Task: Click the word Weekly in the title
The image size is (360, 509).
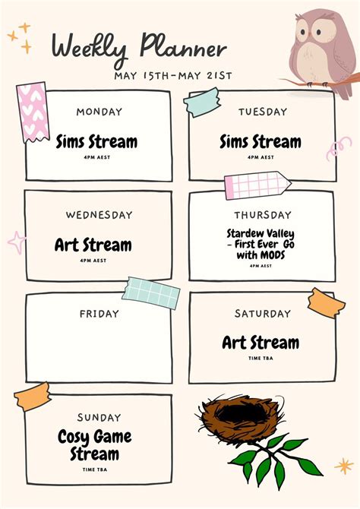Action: tap(90, 49)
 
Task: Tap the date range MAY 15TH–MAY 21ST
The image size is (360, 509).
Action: tap(173, 76)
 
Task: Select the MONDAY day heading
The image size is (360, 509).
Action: tap(99, 112)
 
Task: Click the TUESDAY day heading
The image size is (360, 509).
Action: tap(263, 112)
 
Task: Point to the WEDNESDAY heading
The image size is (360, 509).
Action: tap(99, 215)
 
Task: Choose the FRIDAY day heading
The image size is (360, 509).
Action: tap(99, 314)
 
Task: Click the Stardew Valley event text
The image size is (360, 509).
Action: tap(261, 244)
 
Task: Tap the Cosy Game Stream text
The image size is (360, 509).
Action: tap(95, 445)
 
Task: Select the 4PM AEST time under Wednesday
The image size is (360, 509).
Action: tap(93, 261)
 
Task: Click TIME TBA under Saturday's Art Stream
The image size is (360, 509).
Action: tap(261, 359)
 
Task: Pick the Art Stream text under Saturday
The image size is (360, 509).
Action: tap(261, 343)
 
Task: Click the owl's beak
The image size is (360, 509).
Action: tap(309, 34)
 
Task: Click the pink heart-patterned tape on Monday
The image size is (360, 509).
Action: tap(33, 112)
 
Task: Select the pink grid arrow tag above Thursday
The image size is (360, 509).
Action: tap(257, 185)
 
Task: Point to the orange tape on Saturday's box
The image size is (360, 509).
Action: tap(327, 303)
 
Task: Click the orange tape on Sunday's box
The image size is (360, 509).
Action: tap(33, 397)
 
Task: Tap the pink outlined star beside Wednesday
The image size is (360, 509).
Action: tap(17, 242)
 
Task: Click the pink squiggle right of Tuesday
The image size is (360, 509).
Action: tap(338, 148)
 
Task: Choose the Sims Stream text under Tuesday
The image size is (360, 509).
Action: tap(261, 142)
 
